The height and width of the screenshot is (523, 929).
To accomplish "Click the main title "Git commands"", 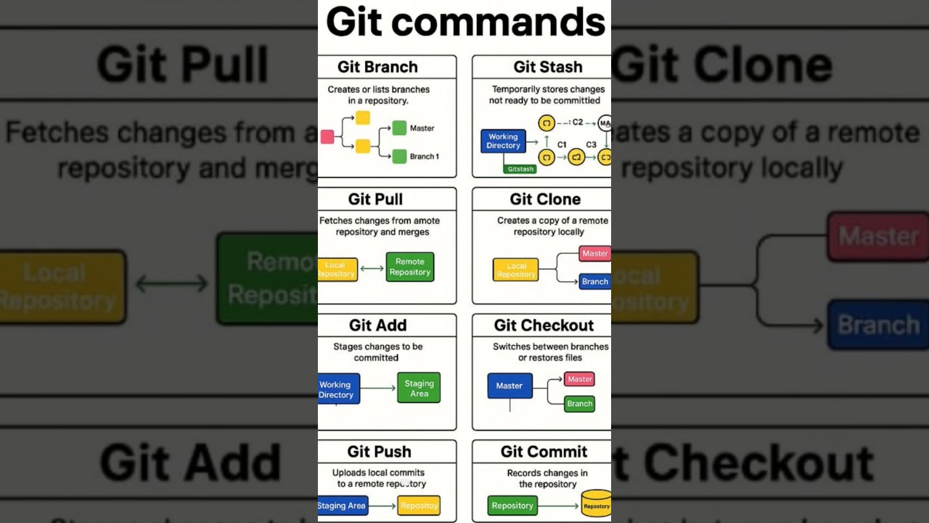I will point(465,22).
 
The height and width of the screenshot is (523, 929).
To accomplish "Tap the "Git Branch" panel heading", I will point(377,67).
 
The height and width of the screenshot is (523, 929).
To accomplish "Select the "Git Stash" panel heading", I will point(548,67).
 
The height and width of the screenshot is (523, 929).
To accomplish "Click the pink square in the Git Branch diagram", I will point(327,137).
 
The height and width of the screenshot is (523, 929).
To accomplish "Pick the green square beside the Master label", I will point(399,128).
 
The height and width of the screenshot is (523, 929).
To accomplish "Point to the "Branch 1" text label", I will point(425,156).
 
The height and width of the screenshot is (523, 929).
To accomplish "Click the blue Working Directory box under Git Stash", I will point(503,141).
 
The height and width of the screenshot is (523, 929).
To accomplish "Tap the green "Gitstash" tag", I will point(521,169).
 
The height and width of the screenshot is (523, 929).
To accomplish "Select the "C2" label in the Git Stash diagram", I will point(578,122).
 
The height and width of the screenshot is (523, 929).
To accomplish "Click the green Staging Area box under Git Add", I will point(419,389).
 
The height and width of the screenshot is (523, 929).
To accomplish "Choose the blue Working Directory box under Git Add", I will point(337,389).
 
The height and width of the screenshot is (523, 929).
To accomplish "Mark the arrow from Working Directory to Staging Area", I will point(378,389).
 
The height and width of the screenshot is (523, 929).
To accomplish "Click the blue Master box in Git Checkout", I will point(509,386).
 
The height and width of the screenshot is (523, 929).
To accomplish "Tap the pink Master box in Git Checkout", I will point(579,379).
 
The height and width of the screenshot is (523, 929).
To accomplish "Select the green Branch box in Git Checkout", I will point(579,404).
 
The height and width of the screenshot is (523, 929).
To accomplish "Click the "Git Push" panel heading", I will point(379,452).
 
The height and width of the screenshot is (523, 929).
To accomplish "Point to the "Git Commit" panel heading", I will point(544,452).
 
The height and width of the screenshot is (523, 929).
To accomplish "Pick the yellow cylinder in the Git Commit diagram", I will point(597,504).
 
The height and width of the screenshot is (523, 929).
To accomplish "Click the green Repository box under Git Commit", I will point(512,506).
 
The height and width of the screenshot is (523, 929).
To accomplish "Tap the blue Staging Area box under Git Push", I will point(343,506).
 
